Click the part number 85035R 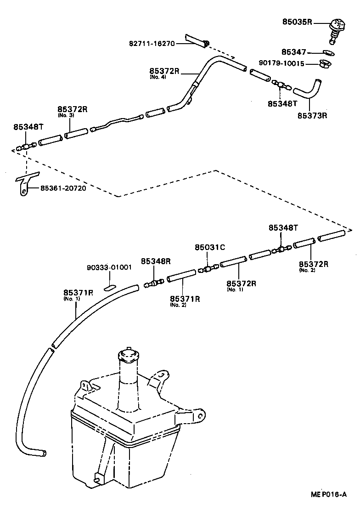298,21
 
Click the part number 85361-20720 63,188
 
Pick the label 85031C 209,247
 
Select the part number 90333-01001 109,267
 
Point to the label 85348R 156,261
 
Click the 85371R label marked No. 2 185,299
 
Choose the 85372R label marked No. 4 164,71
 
